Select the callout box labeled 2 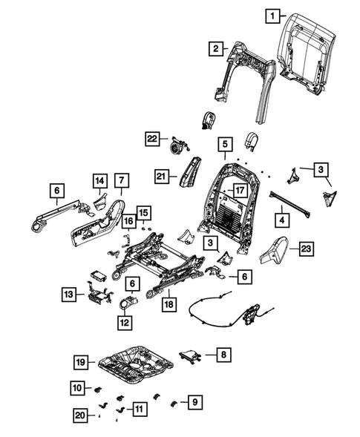pos(215,50)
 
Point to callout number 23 pos(304,251)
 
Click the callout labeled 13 pos(68,295)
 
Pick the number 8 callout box pos(220,356)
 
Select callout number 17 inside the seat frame pos(239,190)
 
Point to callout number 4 pos(282,220)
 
